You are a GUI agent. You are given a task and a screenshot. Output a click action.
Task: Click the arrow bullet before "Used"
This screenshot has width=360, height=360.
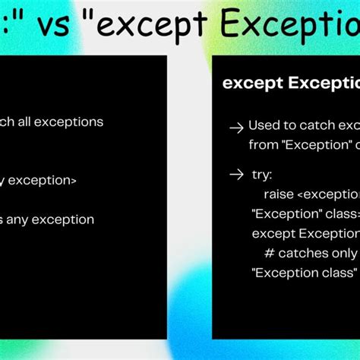pos(236,128)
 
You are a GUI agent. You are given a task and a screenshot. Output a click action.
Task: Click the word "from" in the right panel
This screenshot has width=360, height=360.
pos(263,144)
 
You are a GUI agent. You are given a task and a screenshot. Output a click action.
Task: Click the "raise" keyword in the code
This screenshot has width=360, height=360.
pos(279,194)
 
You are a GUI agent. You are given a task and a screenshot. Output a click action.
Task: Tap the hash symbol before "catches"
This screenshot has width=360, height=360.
pos(269,253)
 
